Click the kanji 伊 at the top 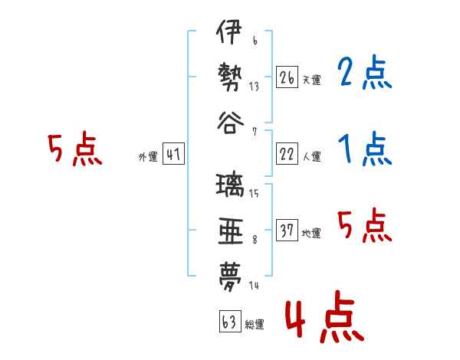(229, 31)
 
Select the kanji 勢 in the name (230, 77)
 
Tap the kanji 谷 (230, 123)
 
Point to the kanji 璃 (230, 185)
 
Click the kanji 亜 (231, 231)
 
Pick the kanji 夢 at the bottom (230, 277)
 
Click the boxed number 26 (287, 77)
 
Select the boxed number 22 (287, 154)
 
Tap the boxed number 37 (287, 230)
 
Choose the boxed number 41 (173, 154)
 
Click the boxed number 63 (230, 321)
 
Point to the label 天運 (312, 80)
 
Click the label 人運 (312, 156)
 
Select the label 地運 (311, 233)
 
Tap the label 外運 (148, 157)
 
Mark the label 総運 (255, 324)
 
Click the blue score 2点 (365, 72)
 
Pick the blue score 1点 (365, 149)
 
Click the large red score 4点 (324, 316)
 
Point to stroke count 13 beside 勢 (254, 87)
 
